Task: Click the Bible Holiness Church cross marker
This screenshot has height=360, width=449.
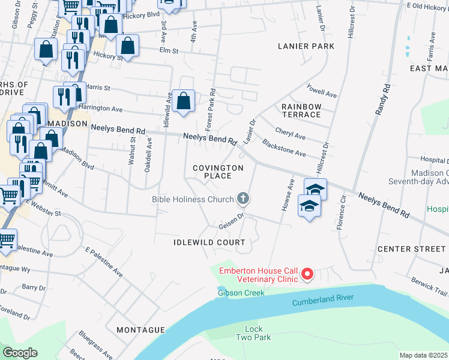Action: click(243, 198)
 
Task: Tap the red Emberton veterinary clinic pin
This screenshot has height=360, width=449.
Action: click(307, 274)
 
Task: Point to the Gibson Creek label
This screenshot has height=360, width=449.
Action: click(241, 293)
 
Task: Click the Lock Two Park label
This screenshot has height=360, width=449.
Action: click(258, 334)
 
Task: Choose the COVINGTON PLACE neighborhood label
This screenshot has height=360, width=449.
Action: click(217, 172)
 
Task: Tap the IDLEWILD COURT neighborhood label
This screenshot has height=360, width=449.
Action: click(209, 242)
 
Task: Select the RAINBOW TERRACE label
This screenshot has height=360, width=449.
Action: click(301, 110)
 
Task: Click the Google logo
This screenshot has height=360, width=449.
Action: click(20, 352)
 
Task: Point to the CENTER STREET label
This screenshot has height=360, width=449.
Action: click(411, 248)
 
